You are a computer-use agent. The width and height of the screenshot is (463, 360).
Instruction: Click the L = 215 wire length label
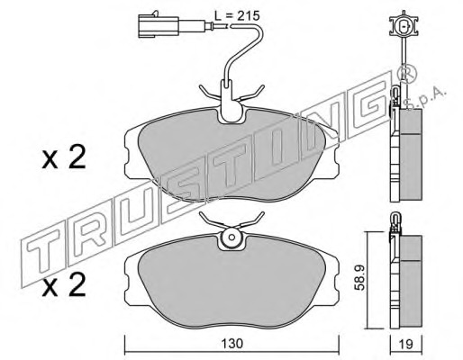(x=237, y=15)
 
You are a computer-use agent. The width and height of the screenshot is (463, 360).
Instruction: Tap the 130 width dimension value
(x=231, y=344)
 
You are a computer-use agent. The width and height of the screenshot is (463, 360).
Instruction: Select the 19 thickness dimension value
(x=406, y=344)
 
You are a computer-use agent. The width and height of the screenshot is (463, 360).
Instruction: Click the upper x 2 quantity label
(x=64, y=157)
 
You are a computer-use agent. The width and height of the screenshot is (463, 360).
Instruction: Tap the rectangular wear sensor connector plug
(x=159, y=25)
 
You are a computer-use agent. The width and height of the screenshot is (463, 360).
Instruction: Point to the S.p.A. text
(x=426, y=99)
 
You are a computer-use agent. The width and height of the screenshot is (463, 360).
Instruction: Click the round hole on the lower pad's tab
(x=231, y=237)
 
